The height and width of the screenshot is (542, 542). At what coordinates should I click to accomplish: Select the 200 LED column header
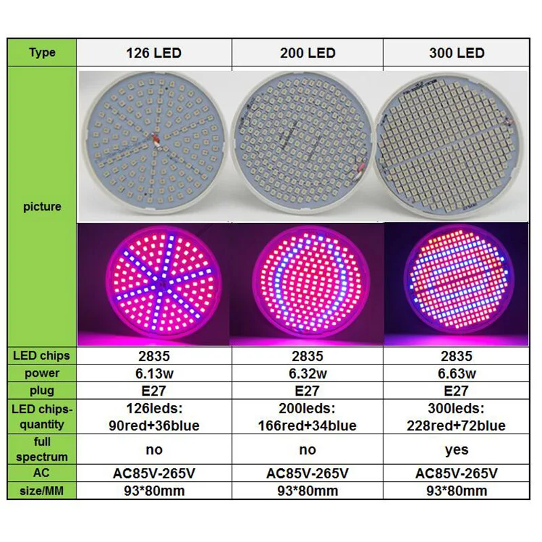tap(307, 53)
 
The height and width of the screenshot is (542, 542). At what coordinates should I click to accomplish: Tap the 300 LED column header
tap(457, 53)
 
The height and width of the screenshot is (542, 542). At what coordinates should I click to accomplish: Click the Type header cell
tap(42, 53)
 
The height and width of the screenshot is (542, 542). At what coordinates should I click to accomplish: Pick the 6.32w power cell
tap(307, 373)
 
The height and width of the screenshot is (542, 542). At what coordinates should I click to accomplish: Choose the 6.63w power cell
tap(457, 373)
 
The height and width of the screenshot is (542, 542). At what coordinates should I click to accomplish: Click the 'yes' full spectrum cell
tap(457, 449)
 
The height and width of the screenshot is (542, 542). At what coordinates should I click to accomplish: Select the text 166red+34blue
tap(307, 425)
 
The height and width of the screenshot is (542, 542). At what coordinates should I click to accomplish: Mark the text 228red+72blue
tap(457, 425)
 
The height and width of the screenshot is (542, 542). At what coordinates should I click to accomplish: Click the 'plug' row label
tap(42, 391)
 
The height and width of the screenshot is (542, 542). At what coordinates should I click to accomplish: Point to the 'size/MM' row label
tap(42, 491)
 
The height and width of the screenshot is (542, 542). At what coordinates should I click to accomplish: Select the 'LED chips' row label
tap(42, 356)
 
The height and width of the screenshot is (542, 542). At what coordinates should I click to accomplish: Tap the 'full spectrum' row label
tap(42, 449)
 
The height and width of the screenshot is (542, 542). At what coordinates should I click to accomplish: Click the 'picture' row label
tap(42, 207)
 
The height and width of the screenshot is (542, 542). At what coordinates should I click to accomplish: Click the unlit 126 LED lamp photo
tap(154, 146)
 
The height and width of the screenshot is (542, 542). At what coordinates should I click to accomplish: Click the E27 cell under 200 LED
tap(307, 391)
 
